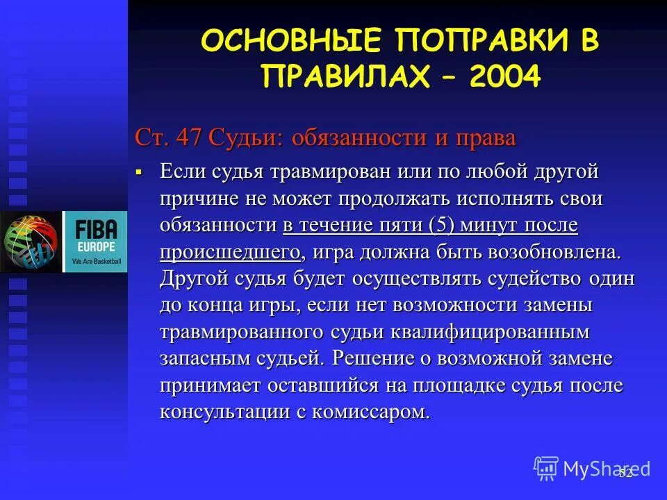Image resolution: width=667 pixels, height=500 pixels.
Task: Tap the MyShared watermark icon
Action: coord(547,468)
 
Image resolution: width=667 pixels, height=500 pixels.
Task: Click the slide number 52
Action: coord(625,473)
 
